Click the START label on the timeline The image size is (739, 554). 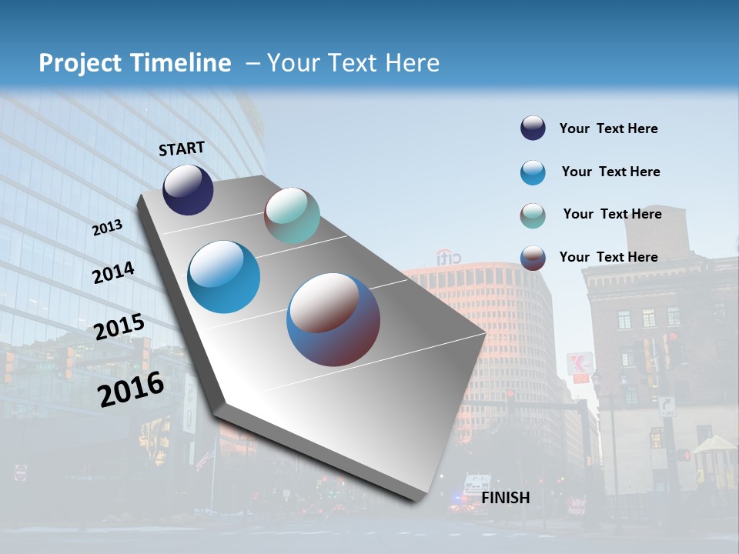(182, 149)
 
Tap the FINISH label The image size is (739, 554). (506, 498)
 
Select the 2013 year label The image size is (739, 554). (108, 227)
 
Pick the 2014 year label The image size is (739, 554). (113, 272)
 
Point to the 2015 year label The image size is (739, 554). (119, 327)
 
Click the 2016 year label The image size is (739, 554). (131, 389)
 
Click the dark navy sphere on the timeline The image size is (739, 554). (188, 189)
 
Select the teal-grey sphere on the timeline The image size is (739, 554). (292, 215)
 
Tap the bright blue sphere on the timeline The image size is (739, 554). (223, 277)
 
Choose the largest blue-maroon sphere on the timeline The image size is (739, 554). (333, 319)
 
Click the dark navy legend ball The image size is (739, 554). (533, 128)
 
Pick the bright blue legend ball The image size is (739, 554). (533, 172)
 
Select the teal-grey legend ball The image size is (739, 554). (533, 215)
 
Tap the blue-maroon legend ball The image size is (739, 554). (533, 258)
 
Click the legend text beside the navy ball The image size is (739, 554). (608, 128)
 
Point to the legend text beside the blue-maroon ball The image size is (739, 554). (608, 257)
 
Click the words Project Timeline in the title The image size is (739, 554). (135, 63)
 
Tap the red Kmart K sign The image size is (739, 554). (580, 363)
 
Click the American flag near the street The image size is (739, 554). (204, 459)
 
